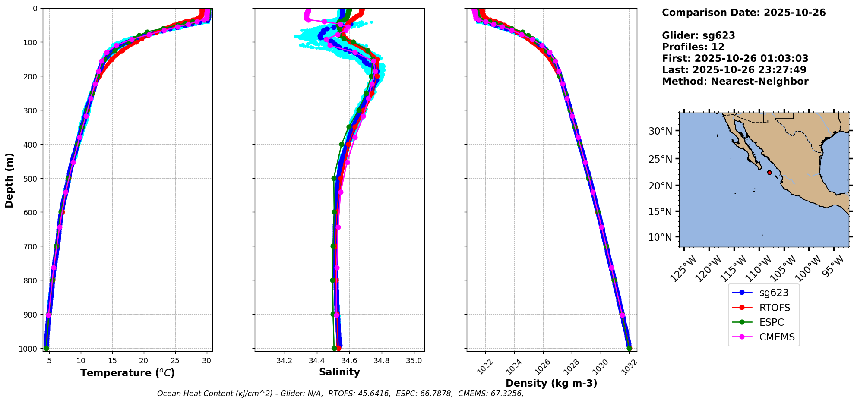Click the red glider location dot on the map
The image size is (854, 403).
pyautogui.click(x=769, y=173)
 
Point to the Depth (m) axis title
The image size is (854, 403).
pyautogui.click(x=9, y=180)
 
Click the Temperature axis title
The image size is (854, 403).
pyautogui.click(x=127, y=373)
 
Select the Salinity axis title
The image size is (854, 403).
pyautogui.click(x=339, y=372)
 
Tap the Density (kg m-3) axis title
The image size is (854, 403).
pyautogui.click(x=551, y=383)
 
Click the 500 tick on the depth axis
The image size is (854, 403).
pyautogui.click(x=32, y=178)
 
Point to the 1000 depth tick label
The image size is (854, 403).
pyautogui.click(x=29, y=349)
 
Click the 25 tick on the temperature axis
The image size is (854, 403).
pyautogui.click(x=175, y=360)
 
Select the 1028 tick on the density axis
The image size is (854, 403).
pyautogui.click(x=571, y=366)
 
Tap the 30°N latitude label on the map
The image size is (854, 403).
pyautogui.click(x=661, y=131)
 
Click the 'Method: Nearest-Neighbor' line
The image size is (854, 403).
pyautogui.click(x=735, y=82)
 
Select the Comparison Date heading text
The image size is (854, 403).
pyautogui.click(x=743, y=13)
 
